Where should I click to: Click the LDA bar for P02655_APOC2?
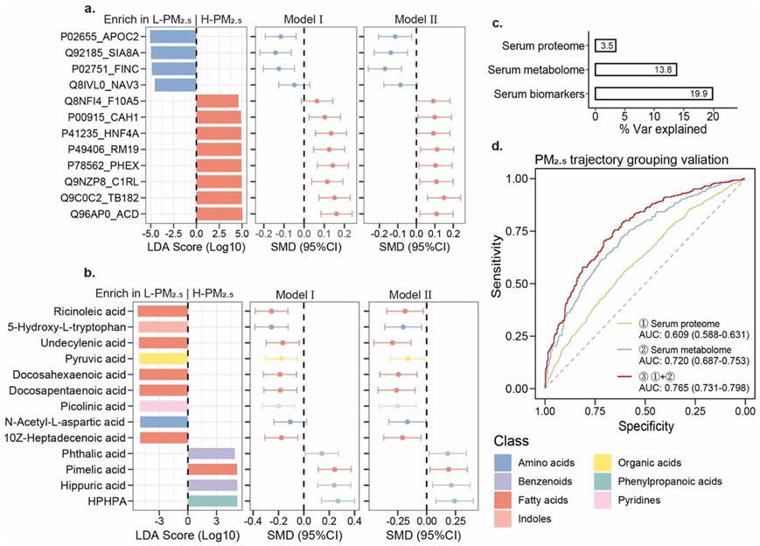172,37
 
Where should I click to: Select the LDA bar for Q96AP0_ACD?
219,213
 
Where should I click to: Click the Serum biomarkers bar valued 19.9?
654,94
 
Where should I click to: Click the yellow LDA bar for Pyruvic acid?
162,359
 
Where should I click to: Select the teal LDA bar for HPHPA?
213,500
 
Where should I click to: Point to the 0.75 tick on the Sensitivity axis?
525,231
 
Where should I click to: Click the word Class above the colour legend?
510,441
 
